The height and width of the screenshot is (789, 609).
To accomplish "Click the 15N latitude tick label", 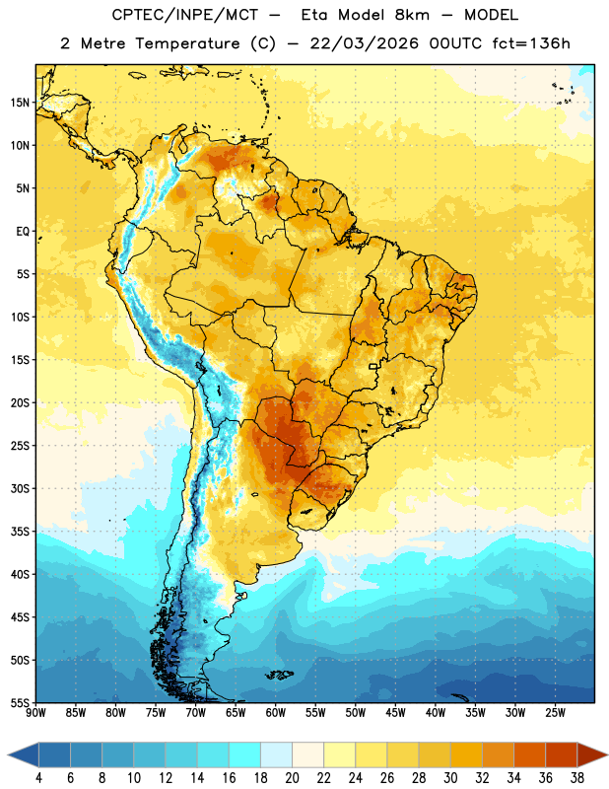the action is click(20, 103).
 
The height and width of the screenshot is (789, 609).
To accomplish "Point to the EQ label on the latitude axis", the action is click(23, 232).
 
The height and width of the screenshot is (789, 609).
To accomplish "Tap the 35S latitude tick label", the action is click(20, 532).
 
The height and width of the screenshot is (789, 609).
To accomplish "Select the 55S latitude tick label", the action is click(20, 703).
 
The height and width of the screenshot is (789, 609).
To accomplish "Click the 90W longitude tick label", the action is click(35, 713).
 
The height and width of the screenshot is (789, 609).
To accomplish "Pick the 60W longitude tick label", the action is click(276, 713).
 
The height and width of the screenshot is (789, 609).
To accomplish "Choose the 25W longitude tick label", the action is click(555, 713).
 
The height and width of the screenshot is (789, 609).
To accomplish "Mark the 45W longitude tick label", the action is click(395, 713).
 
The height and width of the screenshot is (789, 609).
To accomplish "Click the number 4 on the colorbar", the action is click(38, 778).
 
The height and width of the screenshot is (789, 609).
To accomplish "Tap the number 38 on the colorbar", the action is click(576, 778).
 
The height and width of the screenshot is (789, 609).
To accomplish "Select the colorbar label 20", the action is click(292, 778).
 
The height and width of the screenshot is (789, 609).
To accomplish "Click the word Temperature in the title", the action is click(187, 43).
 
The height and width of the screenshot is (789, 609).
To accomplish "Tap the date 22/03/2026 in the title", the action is click(364, 43).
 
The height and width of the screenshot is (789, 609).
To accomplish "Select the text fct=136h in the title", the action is click(531, 43).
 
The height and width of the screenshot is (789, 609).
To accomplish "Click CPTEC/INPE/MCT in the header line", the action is click(184, 15).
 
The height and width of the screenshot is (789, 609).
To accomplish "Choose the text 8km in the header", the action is click(412, 15).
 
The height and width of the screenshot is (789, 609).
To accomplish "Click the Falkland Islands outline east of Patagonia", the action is click(280, 675).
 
